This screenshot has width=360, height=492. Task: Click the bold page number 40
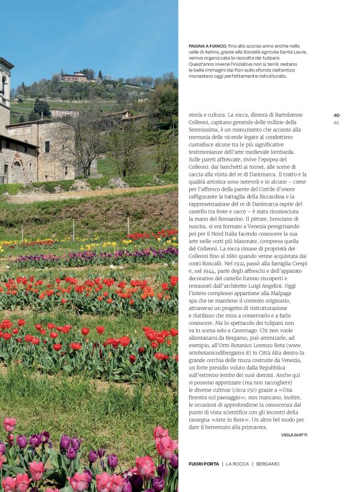tap(336, 115)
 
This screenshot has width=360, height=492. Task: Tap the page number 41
tap(336, 122)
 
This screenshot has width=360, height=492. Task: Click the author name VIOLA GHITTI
tap(294, 435)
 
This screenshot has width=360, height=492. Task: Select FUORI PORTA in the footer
tap(203, 464)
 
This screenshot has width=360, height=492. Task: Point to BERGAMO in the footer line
tap(268, 464)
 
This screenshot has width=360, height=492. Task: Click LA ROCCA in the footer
tap(236, 464)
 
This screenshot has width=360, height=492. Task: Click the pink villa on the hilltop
tap(75, 77)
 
